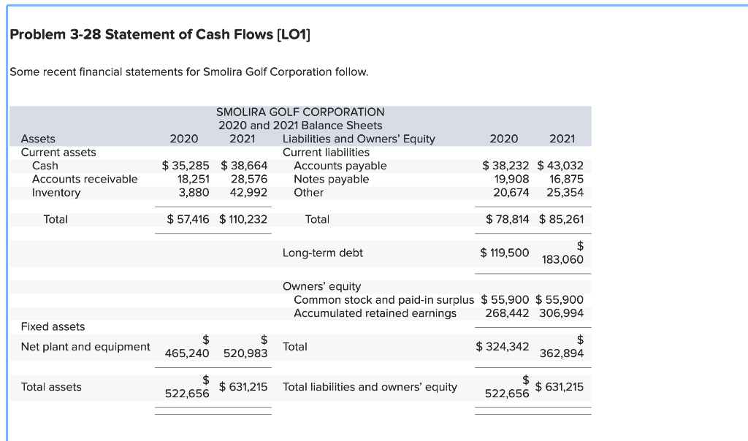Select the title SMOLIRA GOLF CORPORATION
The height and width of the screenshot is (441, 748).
[300, 112]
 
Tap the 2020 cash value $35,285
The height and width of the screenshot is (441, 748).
[186, 166]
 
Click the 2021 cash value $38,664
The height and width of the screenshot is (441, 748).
[244, 166]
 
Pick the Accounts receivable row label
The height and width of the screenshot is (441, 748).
[85, 179]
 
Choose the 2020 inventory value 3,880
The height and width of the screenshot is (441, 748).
[194, 193]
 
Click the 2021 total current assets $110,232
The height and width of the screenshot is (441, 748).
[243, 219]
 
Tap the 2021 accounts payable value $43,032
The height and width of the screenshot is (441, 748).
[560, 166]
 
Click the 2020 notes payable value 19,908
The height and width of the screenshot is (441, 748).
[511, 179]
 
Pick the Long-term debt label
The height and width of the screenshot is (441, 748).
[322, 253]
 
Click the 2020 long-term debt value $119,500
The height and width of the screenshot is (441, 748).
[505, 253]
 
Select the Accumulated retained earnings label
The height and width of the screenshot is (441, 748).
[375, 313]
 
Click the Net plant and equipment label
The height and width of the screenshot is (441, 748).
[85, 347]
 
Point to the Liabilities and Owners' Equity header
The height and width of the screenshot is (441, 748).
[358, 139]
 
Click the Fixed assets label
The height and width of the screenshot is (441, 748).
[53, 326]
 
